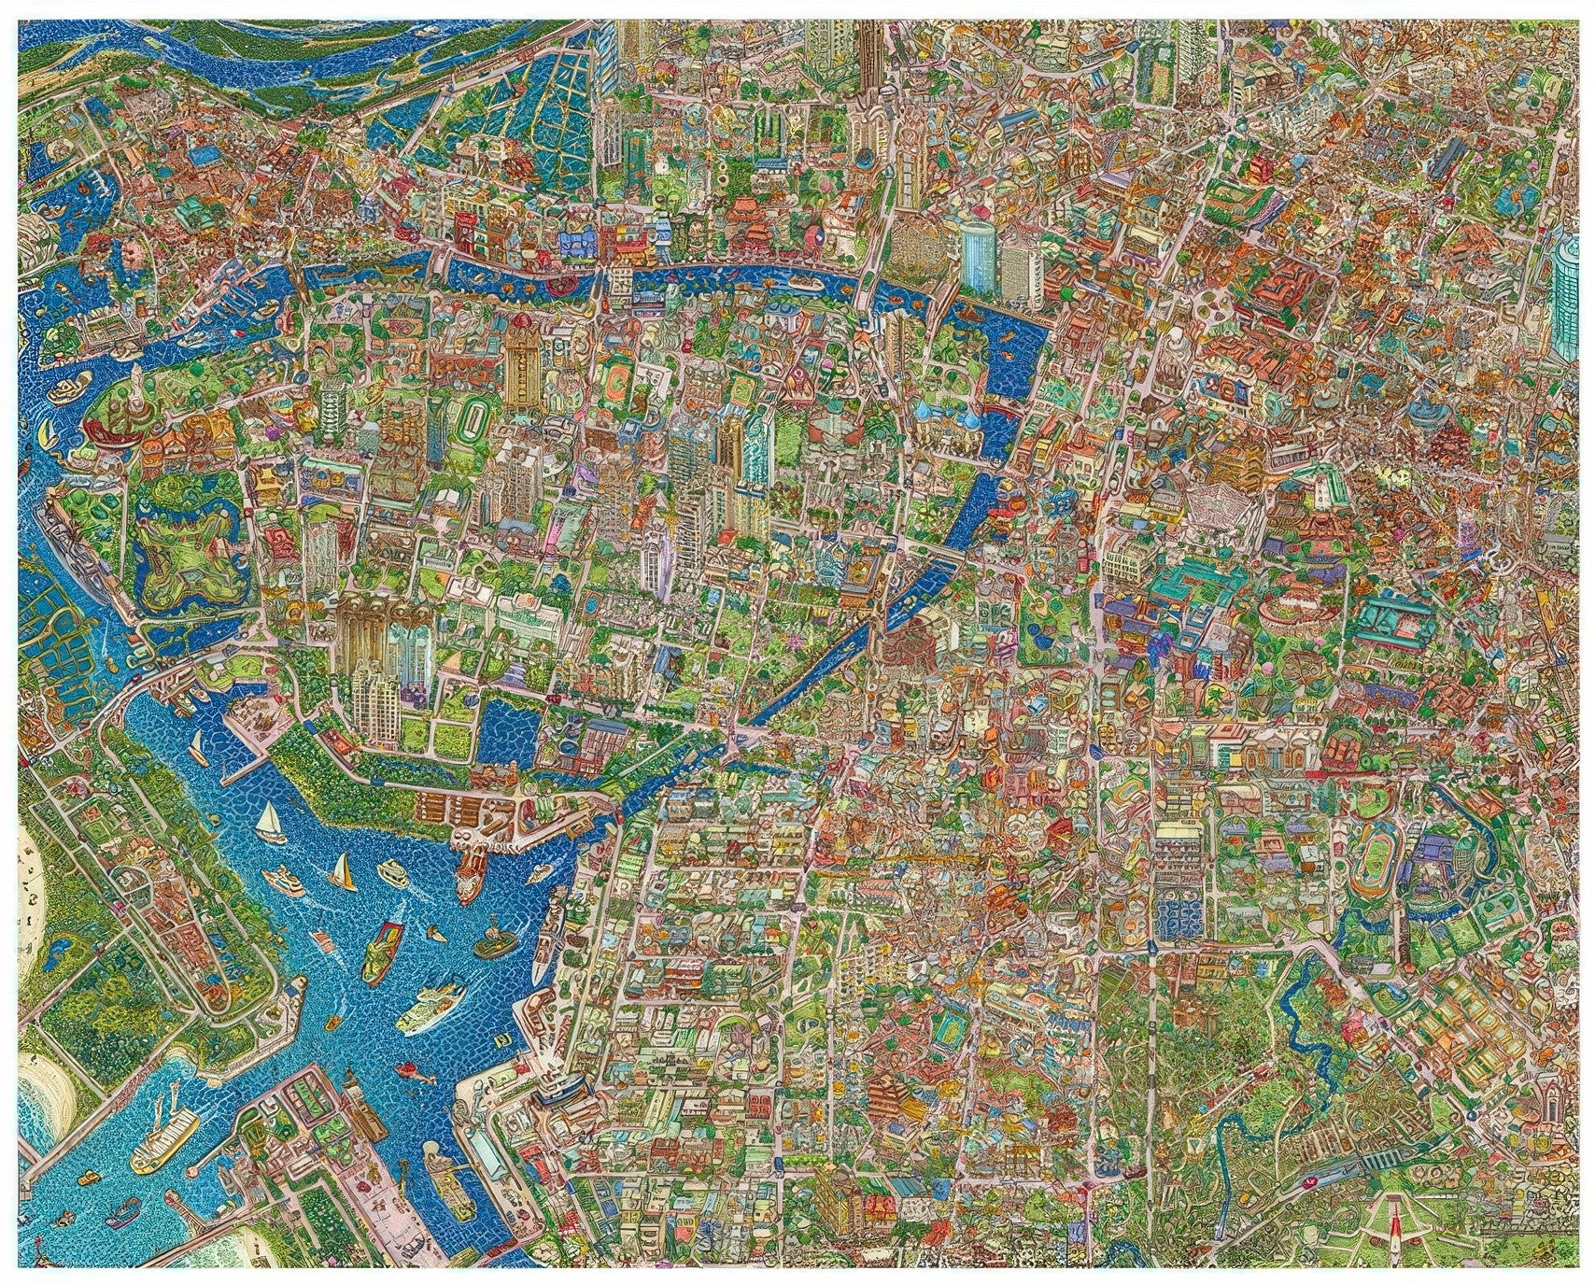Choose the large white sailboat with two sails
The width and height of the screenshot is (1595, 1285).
269,822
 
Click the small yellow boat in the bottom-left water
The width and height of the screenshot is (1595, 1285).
71,1220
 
